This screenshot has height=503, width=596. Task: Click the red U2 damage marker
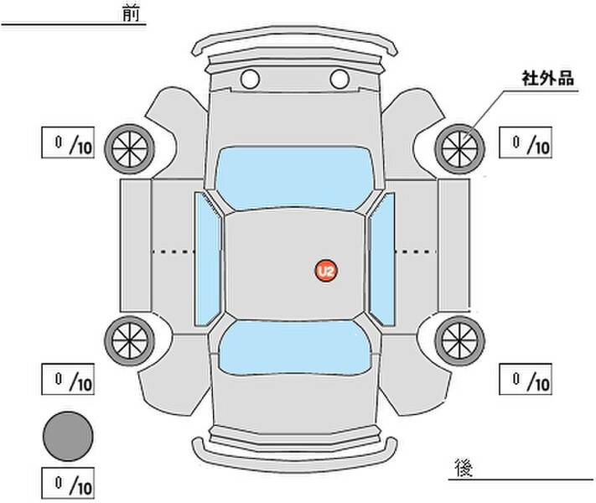tap(325, 270)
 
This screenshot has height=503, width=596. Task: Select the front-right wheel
tap(459, 148)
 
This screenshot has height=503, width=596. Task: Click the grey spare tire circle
tap(68, 435)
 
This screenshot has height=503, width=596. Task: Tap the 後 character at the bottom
tap(462, 466)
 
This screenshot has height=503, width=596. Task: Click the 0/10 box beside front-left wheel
tap(69, 143)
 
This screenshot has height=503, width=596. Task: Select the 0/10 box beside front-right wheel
tap(526, 143)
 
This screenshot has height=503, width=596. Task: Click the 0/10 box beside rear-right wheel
tap(526, 379)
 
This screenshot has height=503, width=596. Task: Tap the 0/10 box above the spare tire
tap(69, 380)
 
